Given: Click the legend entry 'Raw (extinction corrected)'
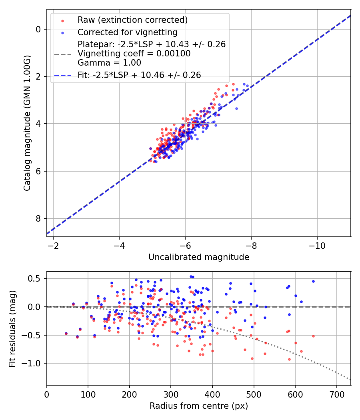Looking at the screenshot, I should tap(132, 20).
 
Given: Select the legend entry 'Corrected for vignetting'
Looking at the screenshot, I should tap(127, 32).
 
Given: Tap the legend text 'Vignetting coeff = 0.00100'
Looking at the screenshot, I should tap(134, 54).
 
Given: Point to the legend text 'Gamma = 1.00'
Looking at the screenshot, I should tap(109, 62).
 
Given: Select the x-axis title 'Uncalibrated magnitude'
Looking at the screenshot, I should tap(199, 257).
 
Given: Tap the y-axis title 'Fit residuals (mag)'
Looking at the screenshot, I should tap(12, 328).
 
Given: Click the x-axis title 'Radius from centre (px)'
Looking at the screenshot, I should tap(199, 406).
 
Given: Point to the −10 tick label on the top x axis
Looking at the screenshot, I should tap(317, 245).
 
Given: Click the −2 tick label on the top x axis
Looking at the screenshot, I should tap(53, 245).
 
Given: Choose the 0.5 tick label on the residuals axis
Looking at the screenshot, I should tap(36, 278).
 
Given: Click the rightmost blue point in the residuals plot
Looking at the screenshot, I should tap(313, 281).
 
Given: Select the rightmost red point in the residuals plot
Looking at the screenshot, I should tap(313, 336).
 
